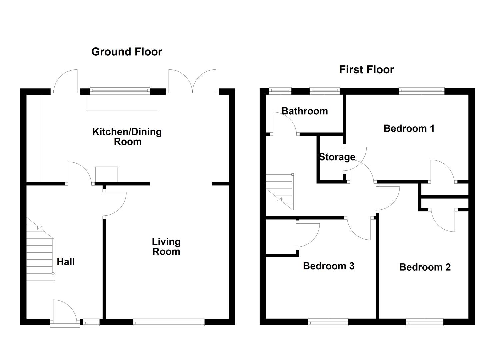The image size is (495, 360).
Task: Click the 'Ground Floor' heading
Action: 127,52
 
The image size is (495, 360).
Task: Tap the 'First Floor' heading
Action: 367,70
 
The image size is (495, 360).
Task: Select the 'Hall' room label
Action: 66,262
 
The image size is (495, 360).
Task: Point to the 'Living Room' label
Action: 166,247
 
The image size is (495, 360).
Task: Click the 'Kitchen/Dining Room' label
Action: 127,137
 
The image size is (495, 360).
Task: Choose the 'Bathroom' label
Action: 305,111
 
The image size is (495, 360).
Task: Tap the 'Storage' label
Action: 337,157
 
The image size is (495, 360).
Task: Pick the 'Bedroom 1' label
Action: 409,128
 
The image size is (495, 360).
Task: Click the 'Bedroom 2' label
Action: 425,267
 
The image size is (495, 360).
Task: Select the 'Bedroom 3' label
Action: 329,266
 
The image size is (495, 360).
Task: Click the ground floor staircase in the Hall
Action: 41,249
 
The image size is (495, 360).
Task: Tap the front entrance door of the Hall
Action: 65,313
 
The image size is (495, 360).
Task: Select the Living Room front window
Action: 169,322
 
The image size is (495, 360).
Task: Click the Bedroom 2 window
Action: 425,322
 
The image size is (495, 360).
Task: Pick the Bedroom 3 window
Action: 328,322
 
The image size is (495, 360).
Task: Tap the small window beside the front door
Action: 91,322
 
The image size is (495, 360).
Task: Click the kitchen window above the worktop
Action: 120,91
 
